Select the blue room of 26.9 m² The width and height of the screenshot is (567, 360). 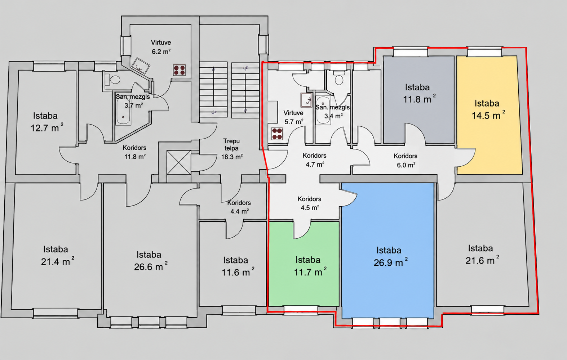[x=388, y=250]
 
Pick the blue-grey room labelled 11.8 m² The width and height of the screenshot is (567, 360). [x=418, y=99]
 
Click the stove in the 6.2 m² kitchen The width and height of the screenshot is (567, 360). [x=180, y=70]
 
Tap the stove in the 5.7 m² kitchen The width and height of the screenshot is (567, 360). [x=277, y=134]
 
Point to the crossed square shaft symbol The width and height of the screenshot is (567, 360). [x=179, y=163]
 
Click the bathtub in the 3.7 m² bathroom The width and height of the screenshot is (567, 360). [x=123, y=112]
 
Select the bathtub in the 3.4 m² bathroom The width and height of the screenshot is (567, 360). [x=323, y=110]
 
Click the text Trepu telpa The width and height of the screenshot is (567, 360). [x=231, y=145]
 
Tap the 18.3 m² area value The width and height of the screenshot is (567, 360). [x=232, y=157]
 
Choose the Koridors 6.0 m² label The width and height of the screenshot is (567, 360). [x=406, y=161]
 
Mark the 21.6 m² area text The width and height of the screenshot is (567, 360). [x=482, y=260]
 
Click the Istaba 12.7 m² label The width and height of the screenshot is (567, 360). [x=46, y=122]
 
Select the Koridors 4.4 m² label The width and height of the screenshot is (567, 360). [x=239, y=207]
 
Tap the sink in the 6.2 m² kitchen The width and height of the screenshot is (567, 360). [x=140, y=66]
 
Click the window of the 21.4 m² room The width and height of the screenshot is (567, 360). [x=56, y=312]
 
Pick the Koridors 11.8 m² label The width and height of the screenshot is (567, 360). [x=135, y=152]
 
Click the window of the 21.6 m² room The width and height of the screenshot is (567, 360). [x=488, y=310]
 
